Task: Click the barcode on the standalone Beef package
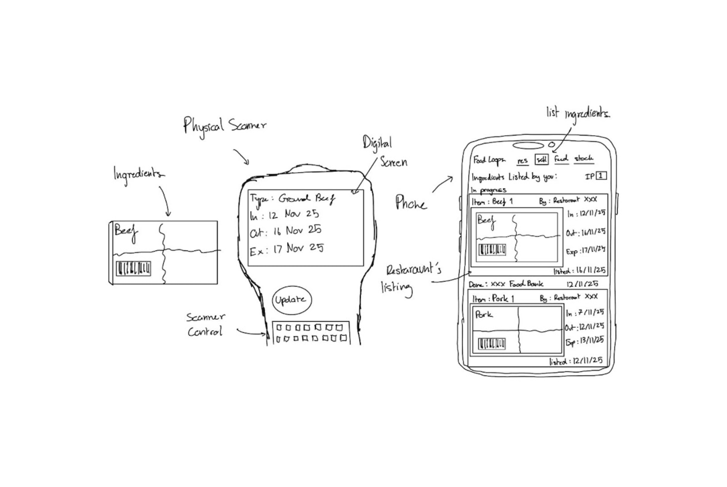[133, 268]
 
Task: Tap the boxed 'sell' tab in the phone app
[541, 159]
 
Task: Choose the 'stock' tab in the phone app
[583, 159]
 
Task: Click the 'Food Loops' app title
[489, 160]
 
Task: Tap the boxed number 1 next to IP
[601, 176]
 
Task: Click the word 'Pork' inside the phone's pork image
[484, 315]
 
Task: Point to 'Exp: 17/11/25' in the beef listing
[585, 251]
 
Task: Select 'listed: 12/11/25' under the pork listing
[576, 361]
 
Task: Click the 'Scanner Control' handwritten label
[205, 325]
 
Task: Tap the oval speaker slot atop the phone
[528, 145]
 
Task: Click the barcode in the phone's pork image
[492, 344]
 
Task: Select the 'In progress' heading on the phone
[489, 190]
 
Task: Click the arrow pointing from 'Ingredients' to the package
[165, 201]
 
